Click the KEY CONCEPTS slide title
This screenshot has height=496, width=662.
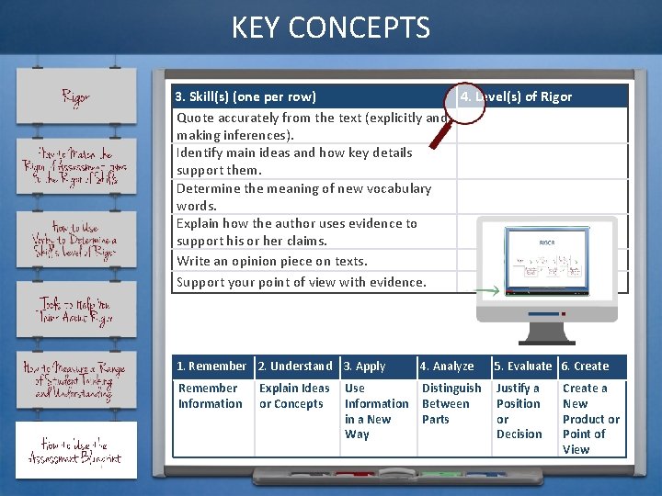tap(331, 28)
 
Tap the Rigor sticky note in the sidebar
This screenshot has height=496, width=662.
tap(76, 96)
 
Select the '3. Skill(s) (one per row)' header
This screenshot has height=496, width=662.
tap(246, 96)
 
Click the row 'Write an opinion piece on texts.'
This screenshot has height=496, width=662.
tap(272, 261)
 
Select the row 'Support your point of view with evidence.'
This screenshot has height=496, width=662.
tap(302, 282)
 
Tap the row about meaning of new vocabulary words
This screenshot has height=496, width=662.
tap(303, 197)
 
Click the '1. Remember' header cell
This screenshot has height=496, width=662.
tap(211, 366)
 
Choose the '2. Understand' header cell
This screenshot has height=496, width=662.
tap(296, 366)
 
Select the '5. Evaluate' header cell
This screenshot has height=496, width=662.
tap(522, 366)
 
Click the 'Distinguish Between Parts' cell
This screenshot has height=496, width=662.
tap(451, 403)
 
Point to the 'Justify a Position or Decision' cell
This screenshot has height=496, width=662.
tap(519, 411)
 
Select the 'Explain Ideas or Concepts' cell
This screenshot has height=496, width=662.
tap(294, 396)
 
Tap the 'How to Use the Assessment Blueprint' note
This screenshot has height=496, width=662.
tap(76, 450)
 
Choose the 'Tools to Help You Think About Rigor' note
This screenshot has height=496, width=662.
tap(76, 311)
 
